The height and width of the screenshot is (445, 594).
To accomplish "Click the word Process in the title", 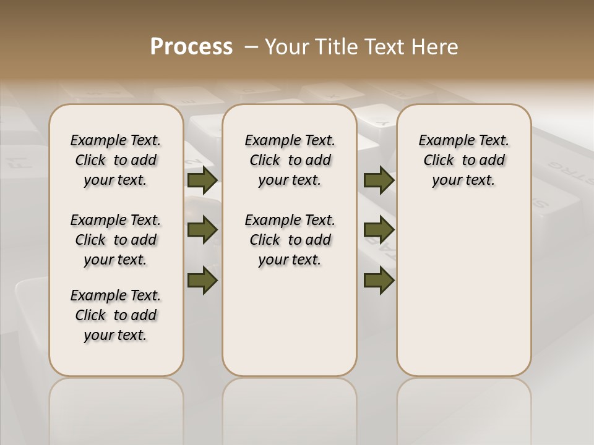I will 191,47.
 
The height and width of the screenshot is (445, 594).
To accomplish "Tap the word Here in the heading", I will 436,47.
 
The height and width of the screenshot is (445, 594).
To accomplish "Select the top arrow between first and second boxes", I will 202,180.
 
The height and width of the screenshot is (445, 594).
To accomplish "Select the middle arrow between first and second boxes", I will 202,230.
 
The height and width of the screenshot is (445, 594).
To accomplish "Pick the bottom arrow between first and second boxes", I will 202,280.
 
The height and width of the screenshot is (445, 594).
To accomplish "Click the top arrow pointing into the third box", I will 379,180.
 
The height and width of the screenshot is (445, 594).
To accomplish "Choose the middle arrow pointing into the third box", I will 379,230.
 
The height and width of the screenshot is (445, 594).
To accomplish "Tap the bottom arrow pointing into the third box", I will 379,280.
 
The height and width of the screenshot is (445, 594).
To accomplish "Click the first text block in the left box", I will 116,160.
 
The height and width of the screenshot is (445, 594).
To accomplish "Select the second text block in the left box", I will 116,240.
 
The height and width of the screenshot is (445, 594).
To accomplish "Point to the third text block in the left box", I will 116,315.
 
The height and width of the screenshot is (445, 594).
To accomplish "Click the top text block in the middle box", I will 290,160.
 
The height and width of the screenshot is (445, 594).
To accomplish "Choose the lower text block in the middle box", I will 290,240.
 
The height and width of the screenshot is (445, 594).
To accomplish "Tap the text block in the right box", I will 463,160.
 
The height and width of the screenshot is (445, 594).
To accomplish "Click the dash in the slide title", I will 251,47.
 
